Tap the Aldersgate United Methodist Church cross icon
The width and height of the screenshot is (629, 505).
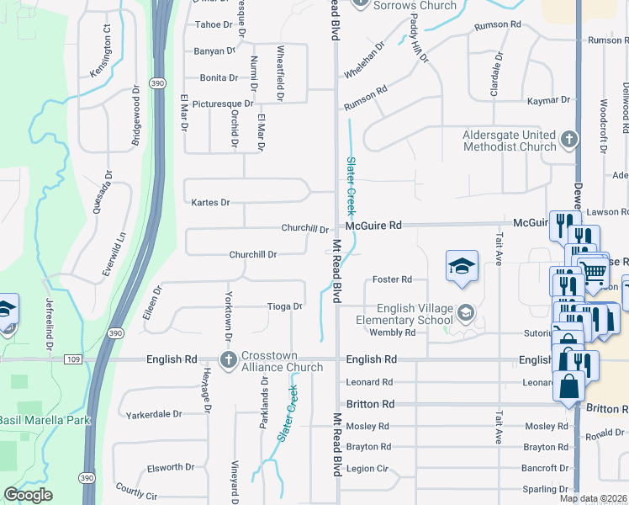tap(569, 139)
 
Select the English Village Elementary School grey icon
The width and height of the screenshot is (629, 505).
tap(465, 314)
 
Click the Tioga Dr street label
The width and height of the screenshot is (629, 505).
tap(284, 306)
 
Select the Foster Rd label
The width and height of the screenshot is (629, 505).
tap(392, 279)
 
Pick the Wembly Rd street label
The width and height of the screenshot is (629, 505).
tap(393, 332)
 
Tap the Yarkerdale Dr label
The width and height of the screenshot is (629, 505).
tap(154, 414)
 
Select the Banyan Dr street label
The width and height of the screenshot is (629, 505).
tap(215, 51)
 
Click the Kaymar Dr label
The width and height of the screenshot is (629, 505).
tap(548, 100)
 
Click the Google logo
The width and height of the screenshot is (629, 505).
tap(29, 495)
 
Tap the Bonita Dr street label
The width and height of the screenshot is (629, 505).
tap(219, 77)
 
